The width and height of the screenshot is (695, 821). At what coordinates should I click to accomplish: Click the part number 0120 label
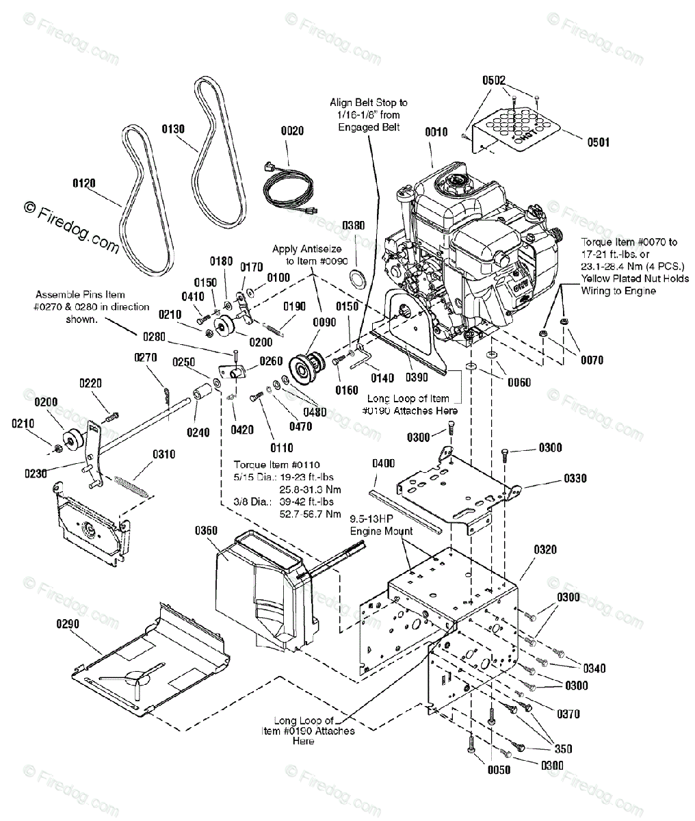pos(84,183)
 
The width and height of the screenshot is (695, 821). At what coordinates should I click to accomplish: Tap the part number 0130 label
pos(173,129)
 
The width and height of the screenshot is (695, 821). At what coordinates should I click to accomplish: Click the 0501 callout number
pos(598,142)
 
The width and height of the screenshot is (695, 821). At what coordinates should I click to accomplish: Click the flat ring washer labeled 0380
pos(358,278)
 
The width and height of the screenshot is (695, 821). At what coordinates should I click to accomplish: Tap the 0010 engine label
pos(436,132)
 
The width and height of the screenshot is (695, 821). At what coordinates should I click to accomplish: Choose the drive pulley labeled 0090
pos(307,366)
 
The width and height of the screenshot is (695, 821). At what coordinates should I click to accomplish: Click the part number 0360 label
pos(206,530)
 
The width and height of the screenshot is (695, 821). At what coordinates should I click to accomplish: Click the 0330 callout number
pos(575,478)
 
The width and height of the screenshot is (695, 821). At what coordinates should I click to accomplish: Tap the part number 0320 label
pos(545,549)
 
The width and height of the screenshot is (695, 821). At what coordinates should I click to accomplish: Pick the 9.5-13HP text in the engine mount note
pos(371,519)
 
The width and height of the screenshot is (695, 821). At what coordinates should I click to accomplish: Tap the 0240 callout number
pos(198,432)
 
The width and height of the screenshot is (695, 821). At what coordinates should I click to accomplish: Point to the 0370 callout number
pos(568,714)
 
